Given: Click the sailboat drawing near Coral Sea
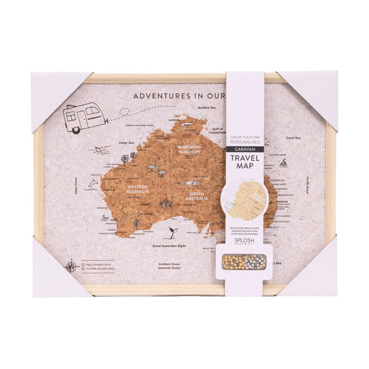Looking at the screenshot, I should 283,164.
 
